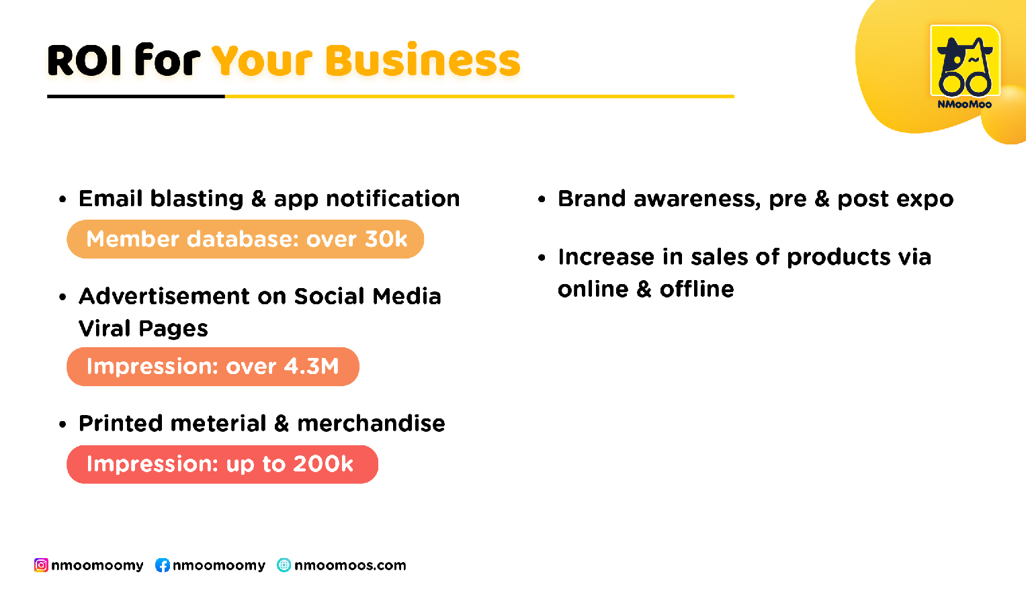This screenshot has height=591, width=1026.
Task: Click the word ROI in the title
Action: pyautogui.click(x=85, y=60)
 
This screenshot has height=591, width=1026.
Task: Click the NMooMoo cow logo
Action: pyautogui.click(x=965, y=61)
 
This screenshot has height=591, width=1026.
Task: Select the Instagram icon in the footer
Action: pyautogui.click(x=41, y=565)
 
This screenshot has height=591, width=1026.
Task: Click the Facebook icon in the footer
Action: pyautogui.click(x=163, y=565)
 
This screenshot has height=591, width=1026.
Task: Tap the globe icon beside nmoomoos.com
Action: pyautogui.click(x=284, y=565)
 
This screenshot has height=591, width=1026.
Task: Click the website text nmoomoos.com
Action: pyautogui.click(x=350, y=565)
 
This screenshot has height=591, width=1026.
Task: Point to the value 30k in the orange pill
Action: pyautogui.click(x=386, y=239)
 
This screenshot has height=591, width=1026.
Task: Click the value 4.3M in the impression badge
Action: pyautogui.click(x=312, y=366)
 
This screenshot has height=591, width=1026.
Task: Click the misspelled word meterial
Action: pyautogui.click(x=218, y=423)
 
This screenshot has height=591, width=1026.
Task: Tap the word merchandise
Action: pyautogui.click(x=371, y=423)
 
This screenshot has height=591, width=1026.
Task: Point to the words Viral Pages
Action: pyautogui.click(x=143, y=328)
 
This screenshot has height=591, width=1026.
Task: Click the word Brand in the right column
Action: pyautogui.click(x=591, y=199)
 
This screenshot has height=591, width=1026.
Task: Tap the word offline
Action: pyautogui.click(x=697, y=289)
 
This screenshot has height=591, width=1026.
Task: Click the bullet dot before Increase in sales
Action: pyautogui.click(x=542, y=258)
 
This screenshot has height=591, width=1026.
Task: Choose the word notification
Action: pyautogui.click(x=392, y=199)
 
